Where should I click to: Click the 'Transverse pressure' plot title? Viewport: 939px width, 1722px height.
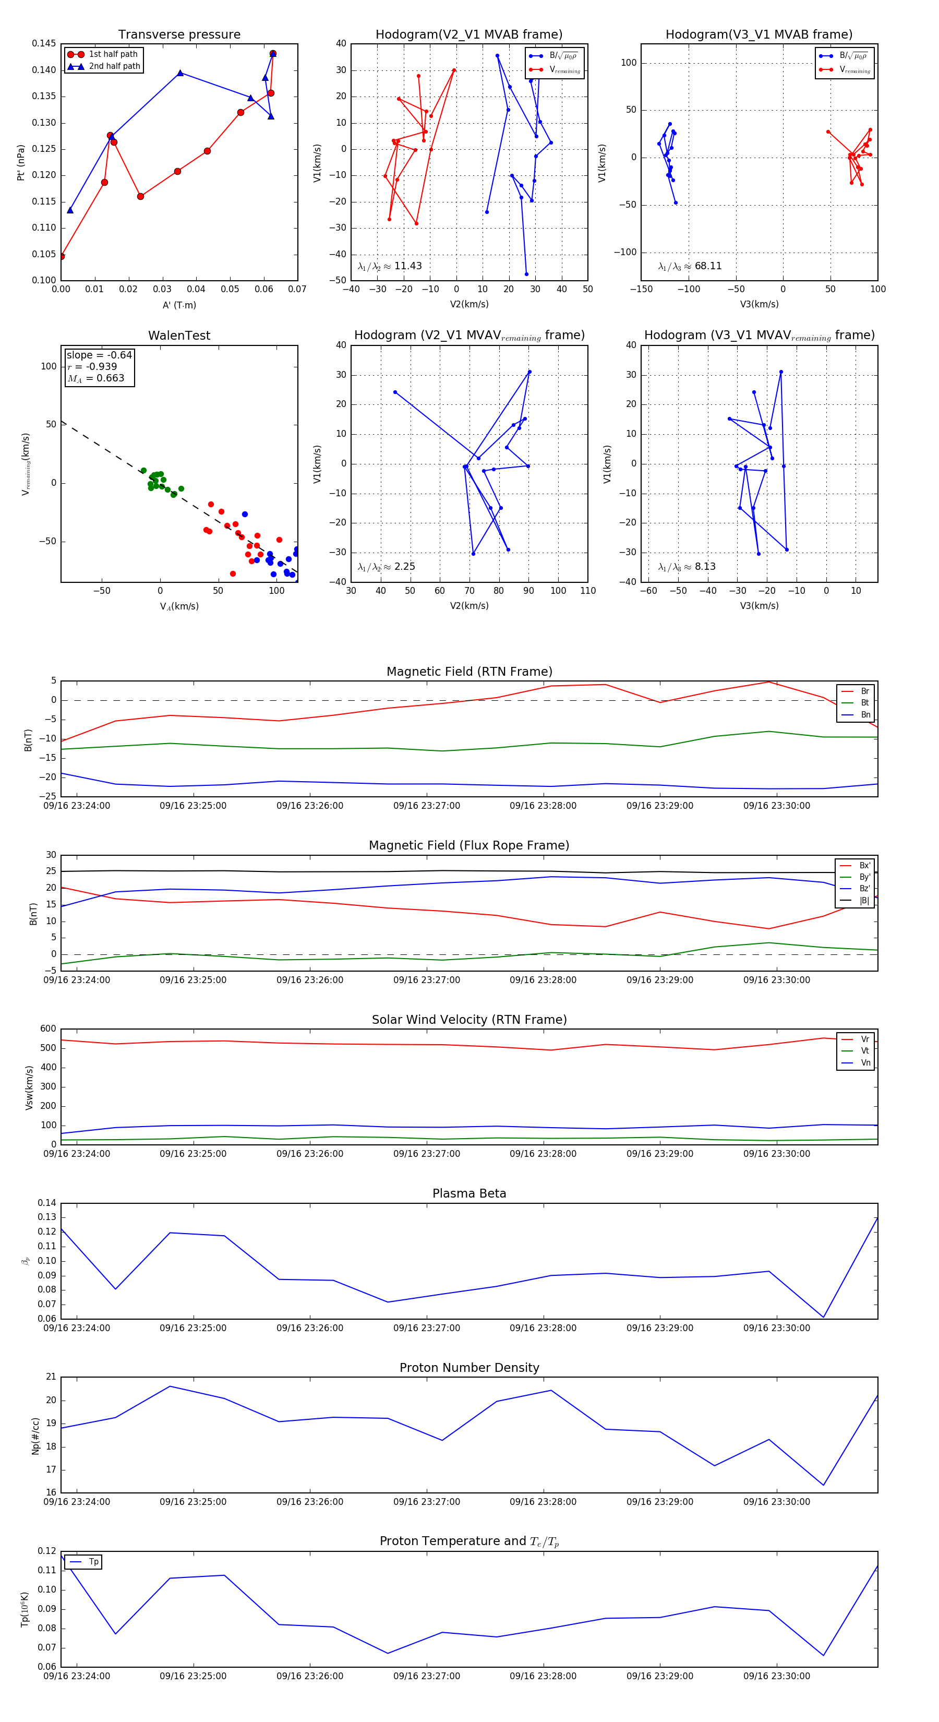coord(179,35)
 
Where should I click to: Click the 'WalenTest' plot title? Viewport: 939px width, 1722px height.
coord(179,336)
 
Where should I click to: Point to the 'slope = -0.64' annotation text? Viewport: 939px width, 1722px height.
coord(99,355)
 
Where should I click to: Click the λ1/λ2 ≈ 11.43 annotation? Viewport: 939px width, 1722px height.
coord(390,266)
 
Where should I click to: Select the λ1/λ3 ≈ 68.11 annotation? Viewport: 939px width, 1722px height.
coord(690,266)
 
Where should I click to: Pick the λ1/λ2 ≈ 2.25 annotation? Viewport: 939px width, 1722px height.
coord(386,567)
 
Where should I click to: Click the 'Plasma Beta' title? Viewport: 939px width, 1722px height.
coord(469,1193)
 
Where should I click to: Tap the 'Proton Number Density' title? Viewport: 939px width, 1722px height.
coord(469,1368)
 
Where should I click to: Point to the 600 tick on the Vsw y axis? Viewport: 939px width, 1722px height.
coord(48,1029)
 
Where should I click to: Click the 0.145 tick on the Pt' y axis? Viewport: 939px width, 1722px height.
coord(44,43)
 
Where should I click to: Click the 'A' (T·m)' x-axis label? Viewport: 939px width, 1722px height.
coord(179,305)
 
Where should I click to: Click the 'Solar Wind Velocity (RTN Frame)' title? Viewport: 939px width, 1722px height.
coord(469,1020)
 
